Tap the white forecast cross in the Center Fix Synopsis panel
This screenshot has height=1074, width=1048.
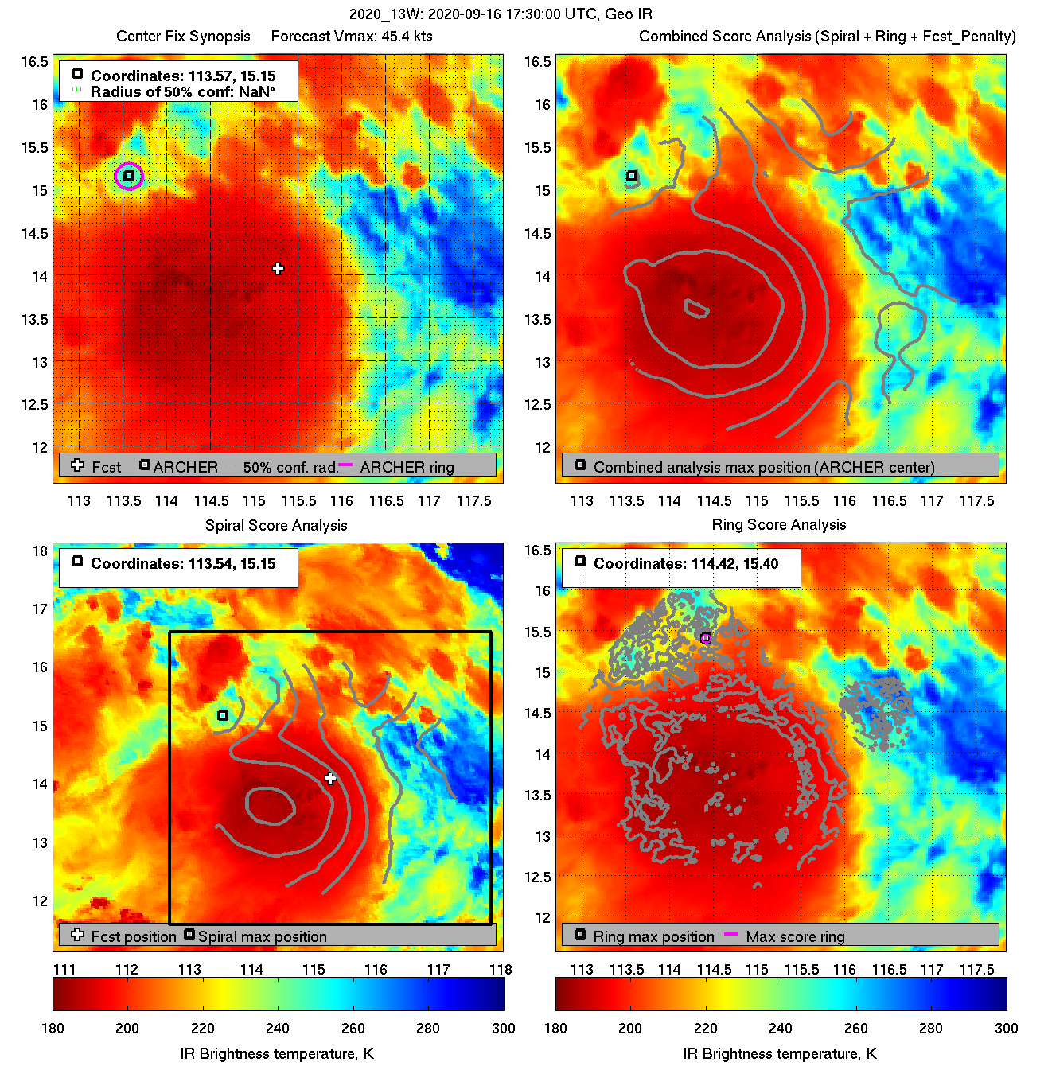click(278, 269)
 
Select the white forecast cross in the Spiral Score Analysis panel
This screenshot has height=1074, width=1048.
click(330, 778)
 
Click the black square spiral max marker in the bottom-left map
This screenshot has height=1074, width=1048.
click(223, 715)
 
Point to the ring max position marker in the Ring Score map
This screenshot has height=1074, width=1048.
click(705, 638)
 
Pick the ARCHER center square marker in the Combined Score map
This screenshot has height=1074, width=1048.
click(632, 176)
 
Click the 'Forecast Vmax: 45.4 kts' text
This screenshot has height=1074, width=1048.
click(352, 37)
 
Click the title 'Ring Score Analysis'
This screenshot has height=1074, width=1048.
click(778, 525)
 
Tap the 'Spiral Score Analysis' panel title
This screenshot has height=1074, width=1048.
click(276, 525)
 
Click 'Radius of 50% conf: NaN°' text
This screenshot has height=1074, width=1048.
click(182, 92)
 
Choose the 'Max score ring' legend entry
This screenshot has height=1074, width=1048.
click(795, 937)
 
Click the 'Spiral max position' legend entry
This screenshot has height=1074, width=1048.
click(262, 937)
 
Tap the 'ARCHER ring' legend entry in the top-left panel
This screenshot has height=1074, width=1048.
click(407, 468)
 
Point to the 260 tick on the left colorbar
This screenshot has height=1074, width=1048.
click(353, 1028)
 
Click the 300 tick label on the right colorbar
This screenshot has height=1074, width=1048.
click(1006, 1028)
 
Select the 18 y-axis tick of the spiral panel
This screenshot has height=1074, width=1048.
click(40, 551)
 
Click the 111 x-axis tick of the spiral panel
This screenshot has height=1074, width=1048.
click(64, 970)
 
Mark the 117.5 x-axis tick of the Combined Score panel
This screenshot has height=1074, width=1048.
click(976, 501)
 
